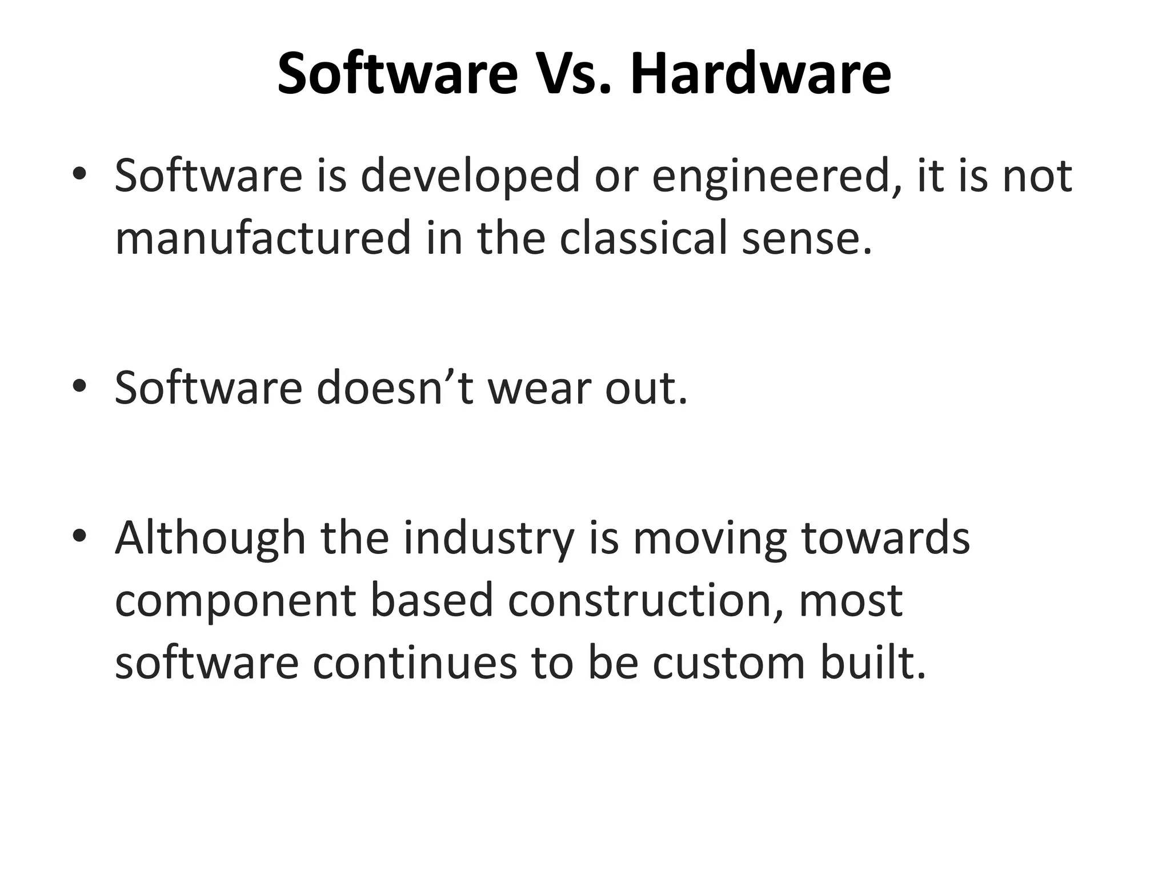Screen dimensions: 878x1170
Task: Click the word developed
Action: pyautogui.click(x=470, y=176)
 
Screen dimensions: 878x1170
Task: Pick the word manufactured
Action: pyautogui.click(x=263, y=238)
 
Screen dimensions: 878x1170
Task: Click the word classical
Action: pyautogui.click(x=643, y=238)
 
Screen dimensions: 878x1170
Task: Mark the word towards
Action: pyautogui.click(x=886, y=539)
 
